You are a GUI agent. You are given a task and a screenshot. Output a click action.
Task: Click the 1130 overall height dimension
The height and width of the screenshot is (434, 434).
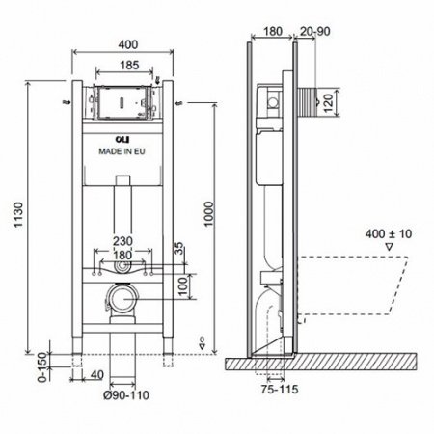tap(18, 214)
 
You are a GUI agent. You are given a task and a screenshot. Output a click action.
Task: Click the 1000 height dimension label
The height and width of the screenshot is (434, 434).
tap(209, 214)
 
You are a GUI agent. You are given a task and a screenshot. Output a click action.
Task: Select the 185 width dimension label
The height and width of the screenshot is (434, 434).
tap(129, 66)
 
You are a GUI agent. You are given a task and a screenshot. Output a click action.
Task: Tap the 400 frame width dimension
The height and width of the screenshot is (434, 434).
tap(128, 44)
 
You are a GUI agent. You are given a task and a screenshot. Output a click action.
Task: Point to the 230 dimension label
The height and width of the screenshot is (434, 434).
tap(122, 241)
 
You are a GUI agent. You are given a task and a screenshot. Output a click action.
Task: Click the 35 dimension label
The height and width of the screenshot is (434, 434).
tap(179, 248)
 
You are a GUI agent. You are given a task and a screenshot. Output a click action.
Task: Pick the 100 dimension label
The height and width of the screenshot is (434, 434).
tap(182, 286)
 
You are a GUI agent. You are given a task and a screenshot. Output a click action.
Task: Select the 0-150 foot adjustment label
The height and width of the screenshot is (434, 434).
tap(42, 367)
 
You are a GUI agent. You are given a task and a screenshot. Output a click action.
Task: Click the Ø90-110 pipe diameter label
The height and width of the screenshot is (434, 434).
tap(126, 395)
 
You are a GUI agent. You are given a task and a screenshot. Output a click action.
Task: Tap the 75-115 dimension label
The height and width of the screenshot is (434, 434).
tap(280, 390)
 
